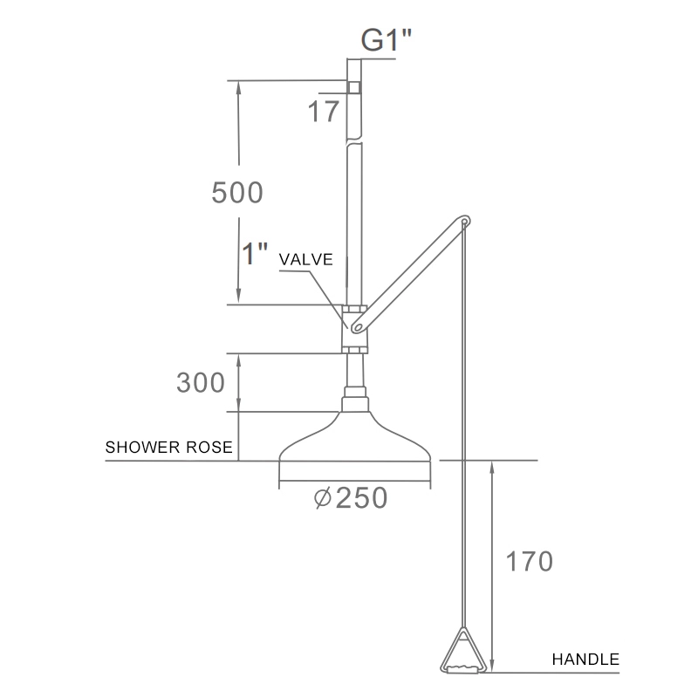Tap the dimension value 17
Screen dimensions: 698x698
tap(322, 112)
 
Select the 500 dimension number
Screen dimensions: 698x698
tap(236, 192)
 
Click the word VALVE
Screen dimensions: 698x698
tap(306, 260)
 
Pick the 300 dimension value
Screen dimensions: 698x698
tap(202, 382)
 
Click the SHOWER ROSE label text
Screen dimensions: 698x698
tap(168, 448)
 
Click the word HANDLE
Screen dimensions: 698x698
tap(585, 660)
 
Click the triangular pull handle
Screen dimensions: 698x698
tap(463, 654)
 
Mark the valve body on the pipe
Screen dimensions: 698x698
tap(353, 329)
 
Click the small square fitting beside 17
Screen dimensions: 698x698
tap(353, 87)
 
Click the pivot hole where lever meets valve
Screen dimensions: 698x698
tap(356, 325)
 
